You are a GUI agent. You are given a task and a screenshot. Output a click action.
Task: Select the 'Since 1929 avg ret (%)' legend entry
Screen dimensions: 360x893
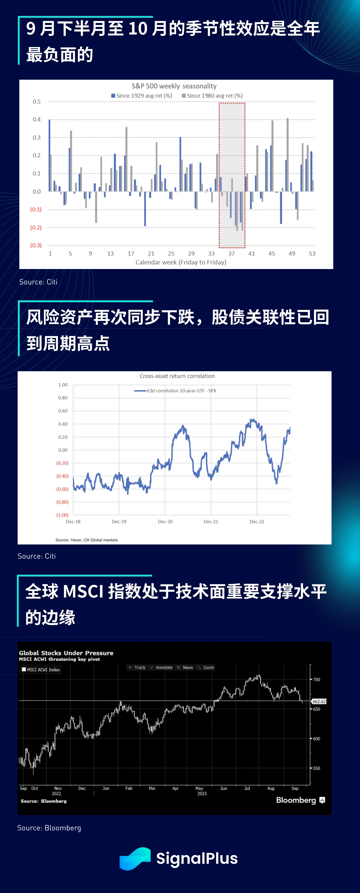click(142, 96)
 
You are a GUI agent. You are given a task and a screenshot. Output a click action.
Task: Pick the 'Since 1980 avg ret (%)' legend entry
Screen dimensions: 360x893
click(212, 96)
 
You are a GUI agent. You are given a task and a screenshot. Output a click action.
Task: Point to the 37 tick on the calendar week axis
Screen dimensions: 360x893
click(231, 253)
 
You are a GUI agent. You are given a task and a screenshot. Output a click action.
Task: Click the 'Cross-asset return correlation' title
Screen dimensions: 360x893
click(177, 376)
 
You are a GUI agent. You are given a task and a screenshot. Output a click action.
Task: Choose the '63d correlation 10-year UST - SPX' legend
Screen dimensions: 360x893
click(175, 391)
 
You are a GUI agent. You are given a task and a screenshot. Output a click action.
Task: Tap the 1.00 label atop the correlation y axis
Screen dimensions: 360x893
click(63, 385)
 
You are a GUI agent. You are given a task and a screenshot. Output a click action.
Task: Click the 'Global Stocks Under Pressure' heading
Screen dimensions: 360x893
click(66, 653)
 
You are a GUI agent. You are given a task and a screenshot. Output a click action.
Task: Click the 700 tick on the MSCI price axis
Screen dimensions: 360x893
click(316, 679)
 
